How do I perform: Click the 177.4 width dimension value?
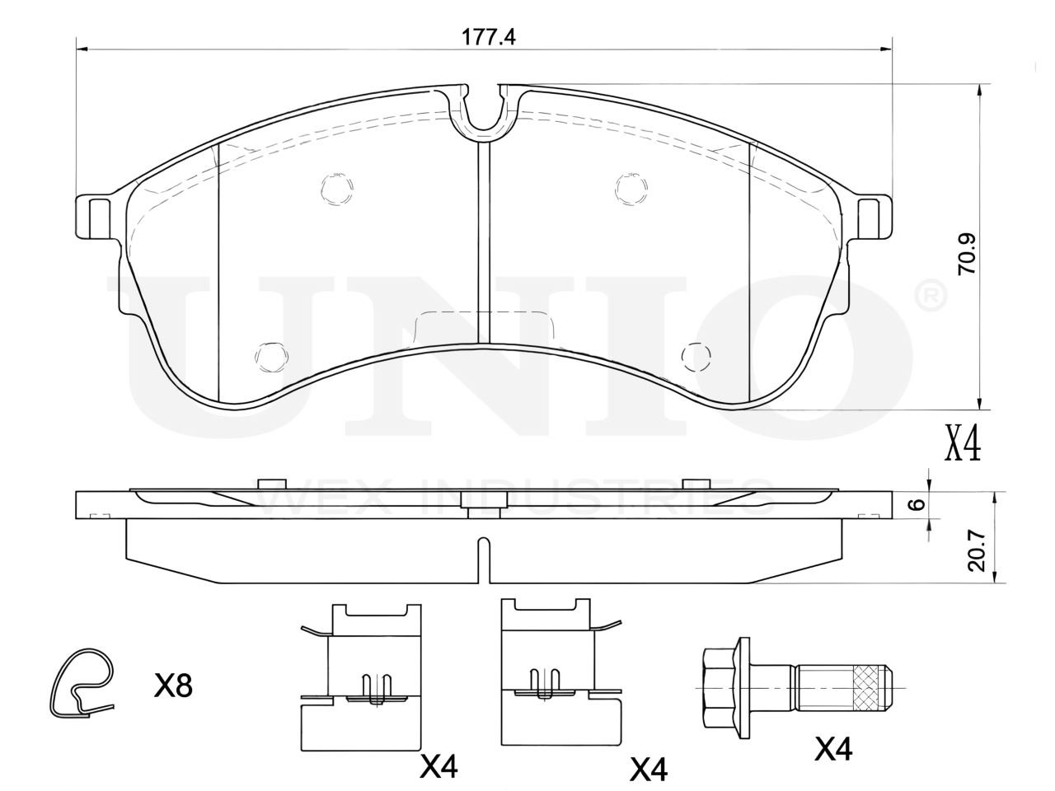coord(488,37)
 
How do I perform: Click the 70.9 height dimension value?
coord(967,254)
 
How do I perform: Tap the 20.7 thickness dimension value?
coord(977,551)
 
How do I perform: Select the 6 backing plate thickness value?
coord(918,504)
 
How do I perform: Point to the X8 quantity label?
coord(173,686)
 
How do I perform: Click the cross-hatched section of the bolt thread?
coord(868,688)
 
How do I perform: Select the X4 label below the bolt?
coord(833,748)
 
